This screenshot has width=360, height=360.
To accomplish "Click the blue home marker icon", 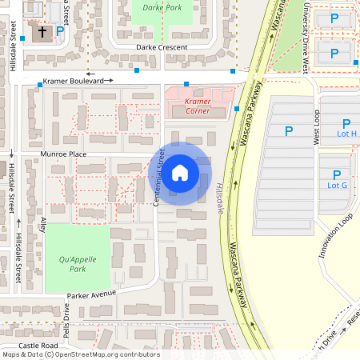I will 180,172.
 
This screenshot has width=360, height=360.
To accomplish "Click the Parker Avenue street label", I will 91,295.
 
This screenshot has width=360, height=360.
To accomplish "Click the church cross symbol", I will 42,33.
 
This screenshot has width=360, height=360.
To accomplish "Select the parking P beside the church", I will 60,31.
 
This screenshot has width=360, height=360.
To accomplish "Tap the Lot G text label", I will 337,186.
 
